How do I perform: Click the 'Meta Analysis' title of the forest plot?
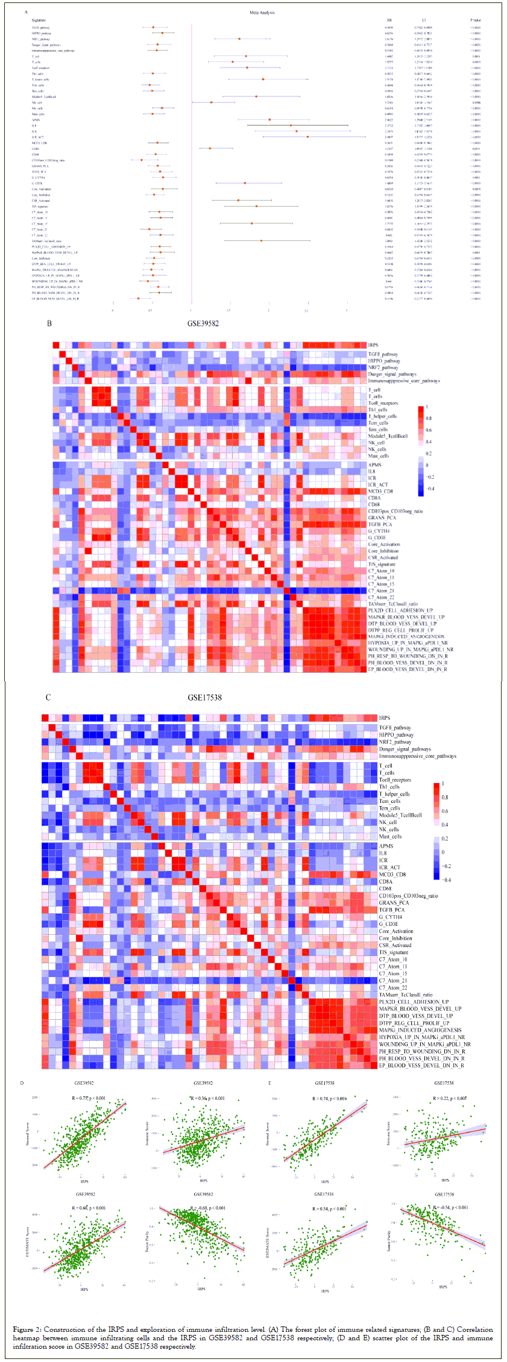(x=262, y=13)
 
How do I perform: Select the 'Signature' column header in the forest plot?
(x=39, y=20)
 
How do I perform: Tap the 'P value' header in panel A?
(x=476, y=20)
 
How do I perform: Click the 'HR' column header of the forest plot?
(x=389, y=20)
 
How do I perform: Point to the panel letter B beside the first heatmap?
(x=49, y=323)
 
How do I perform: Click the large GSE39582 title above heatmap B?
(x=203, y=323)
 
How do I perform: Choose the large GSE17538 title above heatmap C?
(x=204, y=698)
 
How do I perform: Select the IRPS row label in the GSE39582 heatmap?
(x=373, y=345)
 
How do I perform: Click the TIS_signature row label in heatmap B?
(x=382, y=564)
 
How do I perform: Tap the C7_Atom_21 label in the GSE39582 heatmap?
(x=381, y=591)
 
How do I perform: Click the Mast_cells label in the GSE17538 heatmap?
(x=390, y=837)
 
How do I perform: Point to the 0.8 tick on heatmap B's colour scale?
(x=429, y=418)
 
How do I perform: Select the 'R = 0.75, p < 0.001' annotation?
(x=89, y=1098)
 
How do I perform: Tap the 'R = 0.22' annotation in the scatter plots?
(x=449, y=1098)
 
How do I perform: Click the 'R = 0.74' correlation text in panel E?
(x=329, y=1099)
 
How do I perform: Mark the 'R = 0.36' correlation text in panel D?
(x=207, y=1098)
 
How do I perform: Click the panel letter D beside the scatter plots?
(x=22, y=1084)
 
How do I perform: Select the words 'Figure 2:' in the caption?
(x=28, y=1329)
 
